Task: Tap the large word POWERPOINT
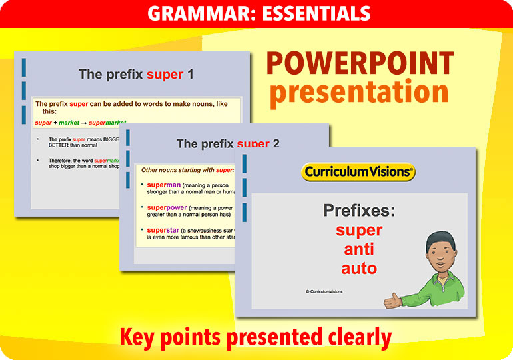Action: [x=360, y=64]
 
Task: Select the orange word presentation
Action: [x=359, y=92]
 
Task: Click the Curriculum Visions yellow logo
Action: [x=358, y=172]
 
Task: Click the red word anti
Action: [x=359, y=249]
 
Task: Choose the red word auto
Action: [x=359, y=269]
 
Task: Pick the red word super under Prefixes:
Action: [x=359, y=231]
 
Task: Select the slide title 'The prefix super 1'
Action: [x=136, y=74]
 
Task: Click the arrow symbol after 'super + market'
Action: [x=84, y=123]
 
